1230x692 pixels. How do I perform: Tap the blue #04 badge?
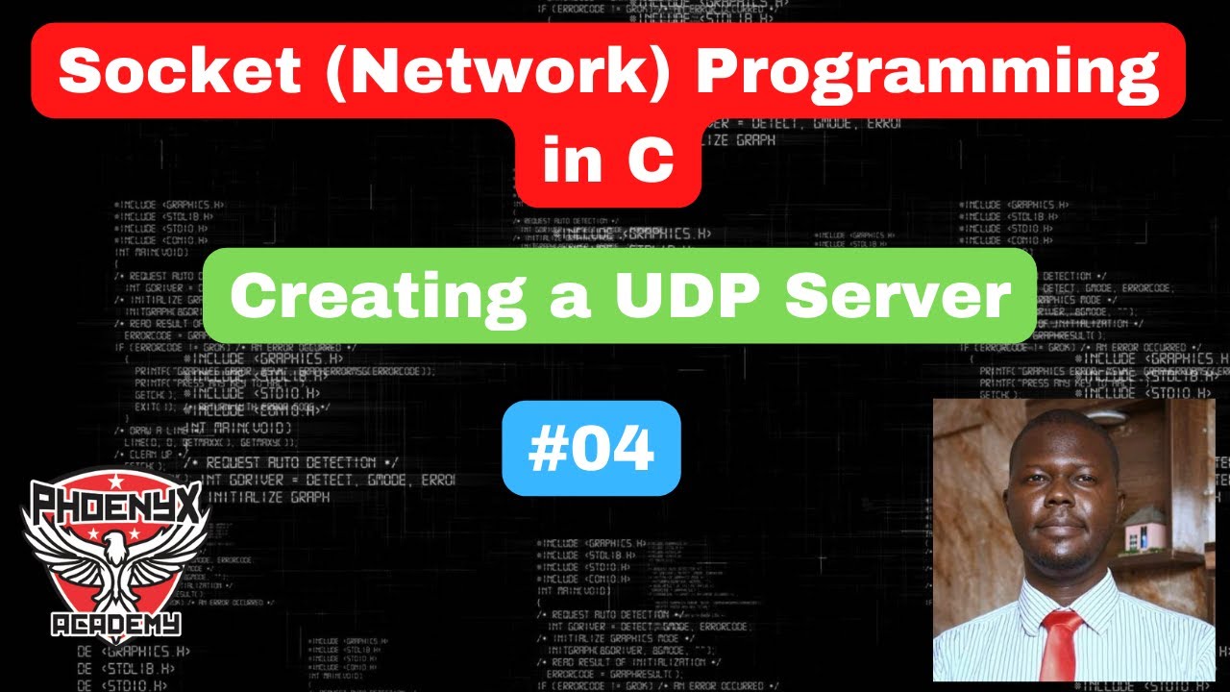click(591, 449)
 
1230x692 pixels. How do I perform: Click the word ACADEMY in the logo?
click(115, 626)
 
